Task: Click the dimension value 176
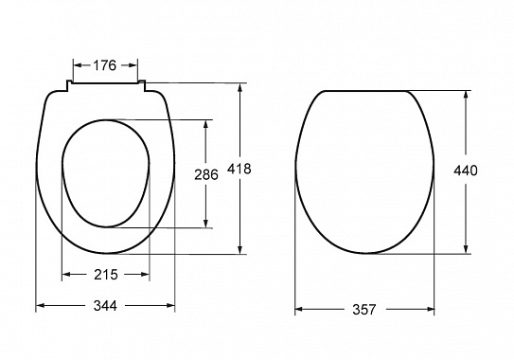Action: coord(104,65)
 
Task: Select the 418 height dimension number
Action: coord(239,169)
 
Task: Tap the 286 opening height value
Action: coord(205,174)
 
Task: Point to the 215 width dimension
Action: coord(106,275)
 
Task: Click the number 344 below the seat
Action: coord(105,306)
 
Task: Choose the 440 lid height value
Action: coord(466,171)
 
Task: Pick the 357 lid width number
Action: coord(364,310)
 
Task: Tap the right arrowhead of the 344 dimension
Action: coord(170,306)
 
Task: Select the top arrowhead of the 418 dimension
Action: coord(240,88)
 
